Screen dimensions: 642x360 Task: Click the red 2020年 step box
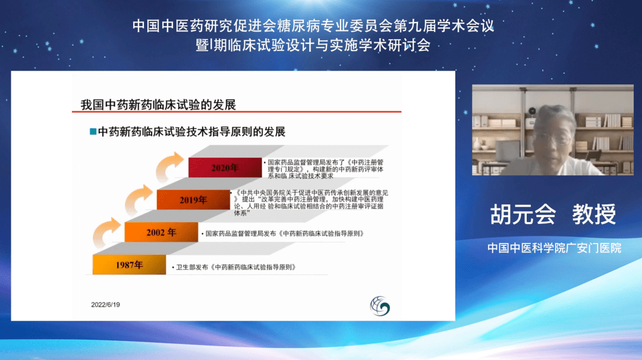click(225, 168)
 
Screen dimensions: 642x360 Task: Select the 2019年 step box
click(193, 200)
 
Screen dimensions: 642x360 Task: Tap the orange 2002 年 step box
click(161, 232)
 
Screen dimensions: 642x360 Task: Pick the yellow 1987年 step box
click(130, 265)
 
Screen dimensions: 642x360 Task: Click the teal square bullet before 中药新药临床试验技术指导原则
click(93, 131)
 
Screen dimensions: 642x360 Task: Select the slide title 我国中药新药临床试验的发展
click(158, 105)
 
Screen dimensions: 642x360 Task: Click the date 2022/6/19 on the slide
click(105, 305)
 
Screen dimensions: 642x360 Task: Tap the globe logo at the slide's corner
click(380, 306)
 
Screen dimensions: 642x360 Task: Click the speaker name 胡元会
click(523, 214)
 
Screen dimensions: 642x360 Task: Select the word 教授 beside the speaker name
click(594, 214)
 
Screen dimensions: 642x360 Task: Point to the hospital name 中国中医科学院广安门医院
click(555, 248)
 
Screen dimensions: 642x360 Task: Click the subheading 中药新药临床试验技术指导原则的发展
click(191, 132)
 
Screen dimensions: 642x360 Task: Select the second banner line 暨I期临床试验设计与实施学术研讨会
click(313, 45)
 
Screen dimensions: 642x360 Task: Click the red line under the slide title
click(237, 111)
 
